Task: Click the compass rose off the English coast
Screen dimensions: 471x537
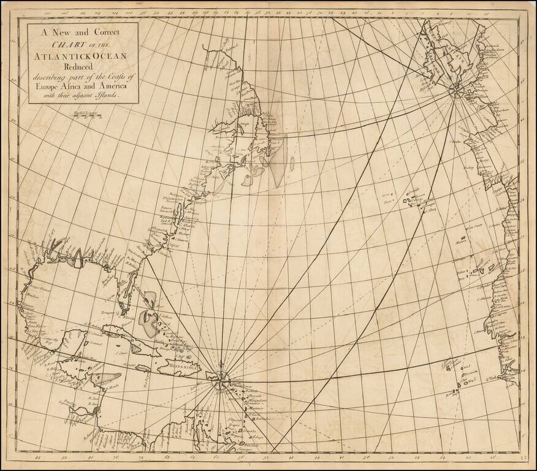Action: click(x=457, y=90)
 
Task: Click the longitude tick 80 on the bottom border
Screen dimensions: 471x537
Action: click(x=91, y=456)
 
